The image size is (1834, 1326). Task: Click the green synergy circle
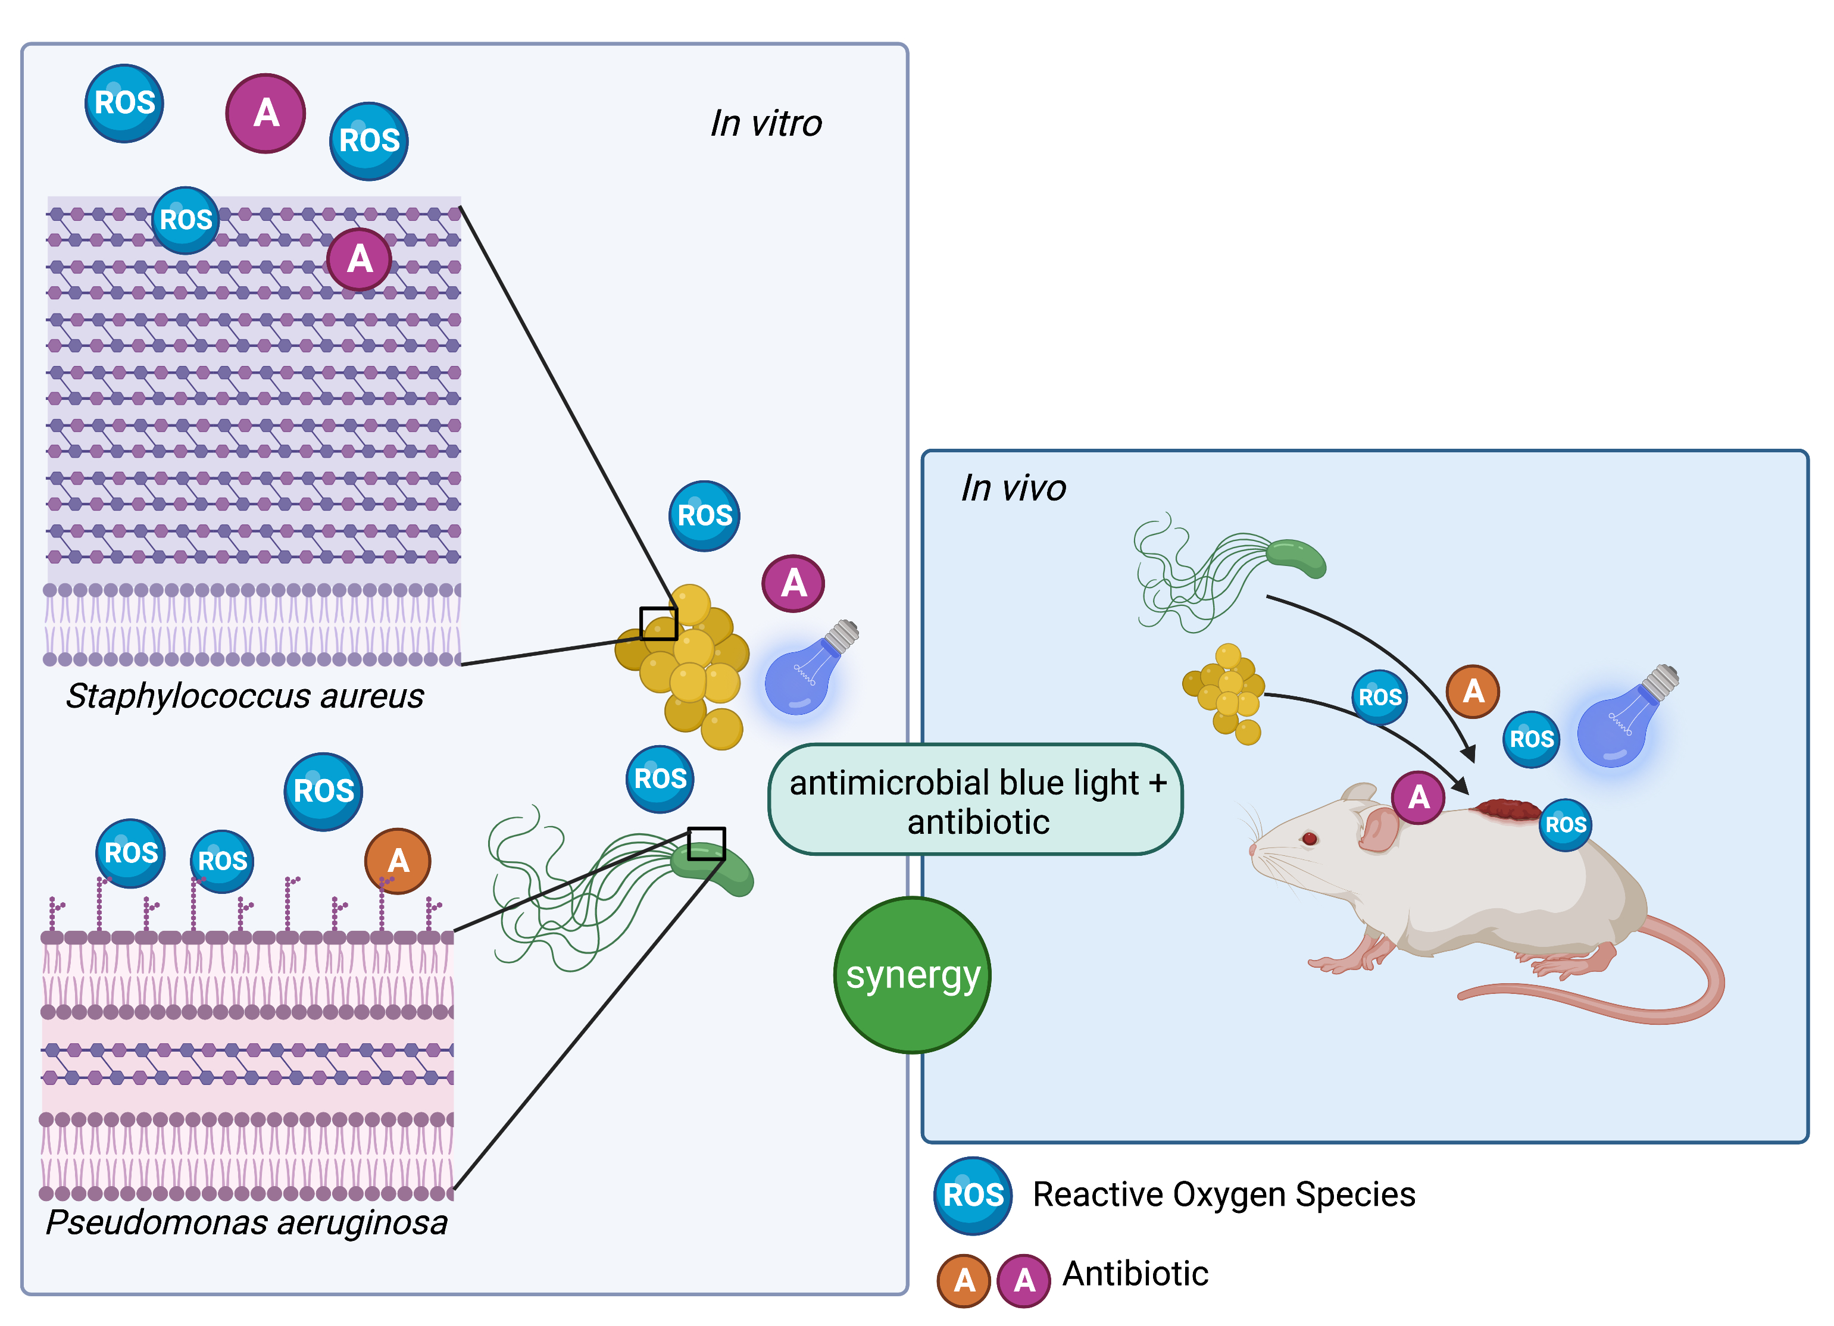912,975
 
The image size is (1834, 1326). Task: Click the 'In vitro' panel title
766,124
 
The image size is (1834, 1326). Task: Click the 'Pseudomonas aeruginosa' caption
246,1222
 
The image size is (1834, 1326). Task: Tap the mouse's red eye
1309,839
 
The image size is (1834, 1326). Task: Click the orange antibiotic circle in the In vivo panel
1473,692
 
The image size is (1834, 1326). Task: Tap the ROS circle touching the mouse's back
1566,825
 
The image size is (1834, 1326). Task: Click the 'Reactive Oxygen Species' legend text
1223,1195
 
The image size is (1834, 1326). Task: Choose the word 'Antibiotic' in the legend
1135,1274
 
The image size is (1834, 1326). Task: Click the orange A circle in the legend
964,1280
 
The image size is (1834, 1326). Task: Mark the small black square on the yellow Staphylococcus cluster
658,623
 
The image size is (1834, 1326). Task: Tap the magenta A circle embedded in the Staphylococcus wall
359,259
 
